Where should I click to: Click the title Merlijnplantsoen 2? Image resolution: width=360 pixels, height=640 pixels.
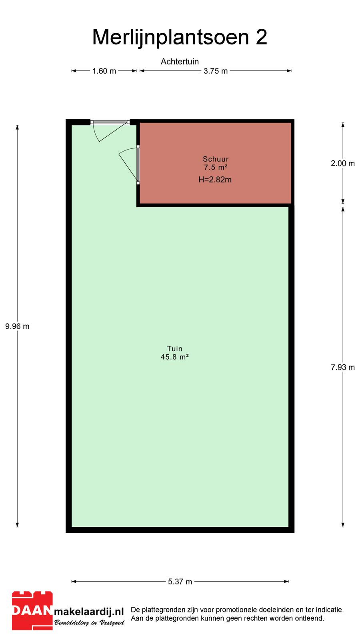pos(180,37)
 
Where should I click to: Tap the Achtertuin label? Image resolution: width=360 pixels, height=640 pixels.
pos(180,62)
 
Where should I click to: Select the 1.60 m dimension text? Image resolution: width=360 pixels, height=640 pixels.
pos(104,71)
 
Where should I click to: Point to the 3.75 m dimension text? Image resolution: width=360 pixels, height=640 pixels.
pos(216,71)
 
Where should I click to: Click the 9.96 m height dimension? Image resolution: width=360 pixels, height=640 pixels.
pos(18,326)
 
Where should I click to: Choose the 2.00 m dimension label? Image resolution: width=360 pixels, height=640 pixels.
pos(343,164)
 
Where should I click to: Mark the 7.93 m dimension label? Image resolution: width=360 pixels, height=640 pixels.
pos(343,368)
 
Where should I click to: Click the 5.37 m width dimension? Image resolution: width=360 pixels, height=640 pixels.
pos(180,582)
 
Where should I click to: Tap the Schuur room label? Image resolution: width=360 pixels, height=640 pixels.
pos(216,159)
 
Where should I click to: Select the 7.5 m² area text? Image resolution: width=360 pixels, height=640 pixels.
pos(216,167)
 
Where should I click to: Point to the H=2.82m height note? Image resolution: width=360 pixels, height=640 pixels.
pos(215,180)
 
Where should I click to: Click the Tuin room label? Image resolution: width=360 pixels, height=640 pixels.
pos(175,348)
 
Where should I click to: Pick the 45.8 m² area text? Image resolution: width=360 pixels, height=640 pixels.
pos(175,357)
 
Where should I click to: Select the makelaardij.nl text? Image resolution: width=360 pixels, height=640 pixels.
pos(89,612)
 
